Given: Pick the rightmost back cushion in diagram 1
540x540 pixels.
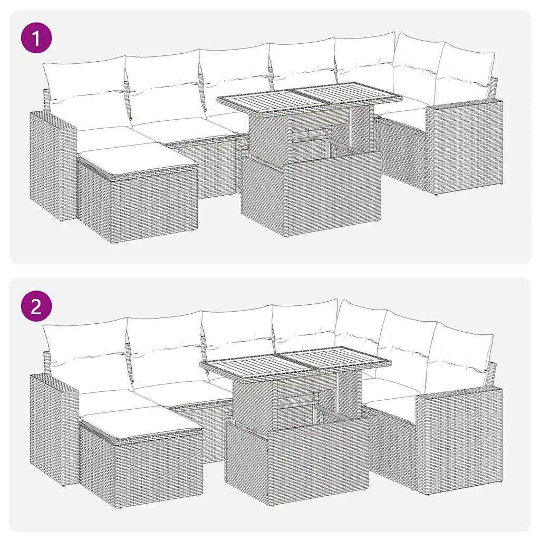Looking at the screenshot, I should click(464, 74).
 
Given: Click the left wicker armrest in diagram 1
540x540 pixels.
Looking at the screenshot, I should click(52, 163).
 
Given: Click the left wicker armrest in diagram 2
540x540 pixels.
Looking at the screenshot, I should click(53, 427).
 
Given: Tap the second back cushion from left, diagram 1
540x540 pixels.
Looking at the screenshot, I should click(165, 84).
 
